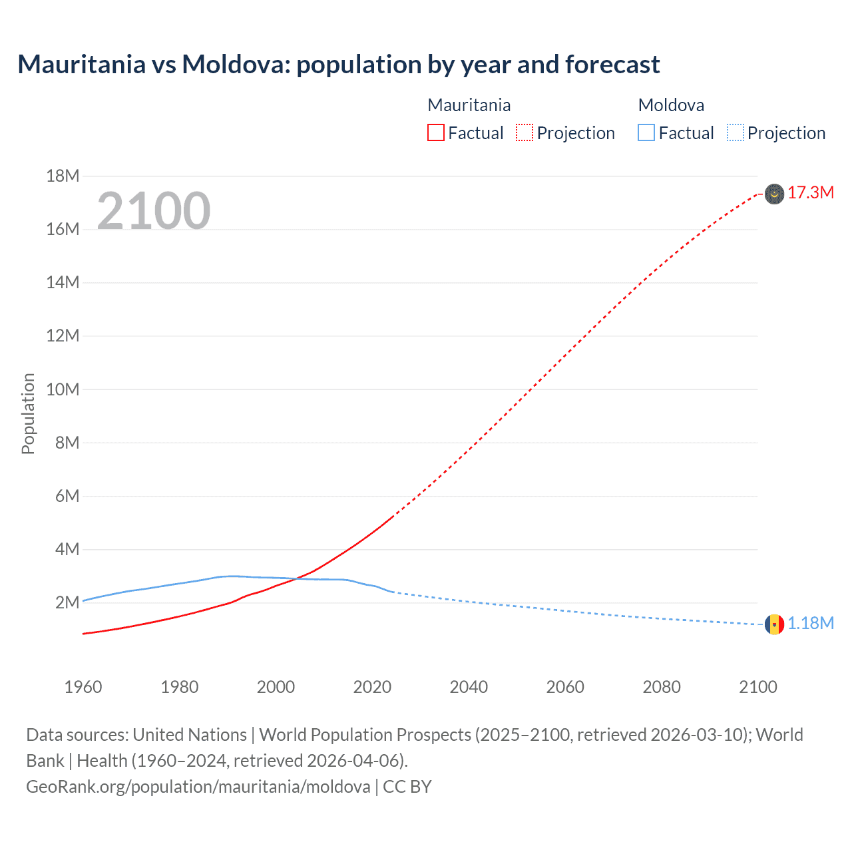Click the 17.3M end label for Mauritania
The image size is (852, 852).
pos(810,193)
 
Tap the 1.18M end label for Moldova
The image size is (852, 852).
pos(810,624)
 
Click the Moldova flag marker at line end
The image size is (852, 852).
pos(774,624)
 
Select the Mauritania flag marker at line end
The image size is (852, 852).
pos(774,194)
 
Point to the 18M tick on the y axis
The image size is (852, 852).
pos(63,176)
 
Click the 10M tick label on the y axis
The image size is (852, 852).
pos(63,389)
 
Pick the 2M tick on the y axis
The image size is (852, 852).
pos(67,603)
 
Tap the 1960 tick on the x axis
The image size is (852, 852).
pos(83,687)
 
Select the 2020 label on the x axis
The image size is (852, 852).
pos(372,687)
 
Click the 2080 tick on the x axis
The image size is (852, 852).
pos(662,687)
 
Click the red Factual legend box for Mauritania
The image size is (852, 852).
pos(436,133)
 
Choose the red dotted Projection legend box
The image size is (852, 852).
pos(525,133)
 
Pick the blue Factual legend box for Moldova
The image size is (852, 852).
pos(646,133)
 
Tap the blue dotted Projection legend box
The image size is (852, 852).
pos(735,133)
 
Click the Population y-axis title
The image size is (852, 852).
pos(28,413)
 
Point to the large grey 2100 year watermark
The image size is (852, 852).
pos(154,211)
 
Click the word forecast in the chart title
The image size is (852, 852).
pos(612,65)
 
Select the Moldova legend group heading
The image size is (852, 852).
pos(671,105)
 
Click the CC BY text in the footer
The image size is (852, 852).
pos(407,787)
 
